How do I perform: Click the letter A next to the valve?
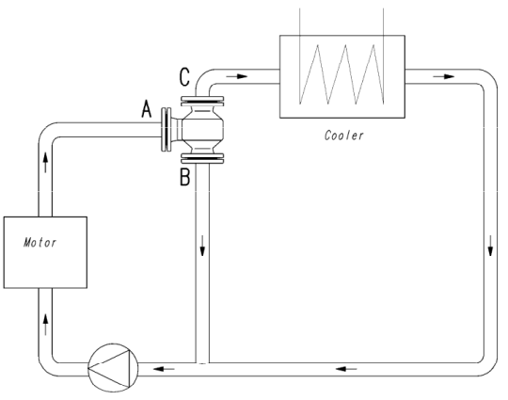tap(147, 109)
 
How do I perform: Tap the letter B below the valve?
tap(184, 177)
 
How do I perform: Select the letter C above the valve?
tap(184, 77)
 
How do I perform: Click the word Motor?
tap(40, 243)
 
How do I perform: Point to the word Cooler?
tap(343, 136)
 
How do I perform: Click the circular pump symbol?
tap(113, 368)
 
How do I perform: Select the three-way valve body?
tap(202, 130)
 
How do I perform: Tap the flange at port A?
tap(167, 130)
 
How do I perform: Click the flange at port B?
tap(202, 158)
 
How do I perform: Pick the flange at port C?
tap(202, 101)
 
